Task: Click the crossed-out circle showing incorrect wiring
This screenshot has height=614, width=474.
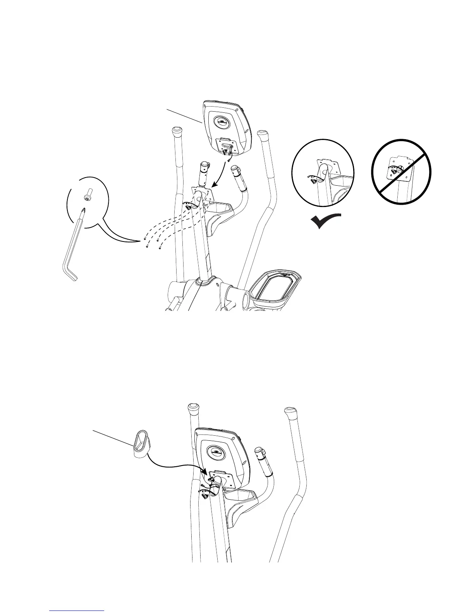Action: click(402, 171)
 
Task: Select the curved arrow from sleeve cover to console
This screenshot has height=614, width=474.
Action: click(174, 465)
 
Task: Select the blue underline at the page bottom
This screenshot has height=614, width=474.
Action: click(77, 611)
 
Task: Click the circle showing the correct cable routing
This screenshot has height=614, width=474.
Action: click(323, 171)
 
